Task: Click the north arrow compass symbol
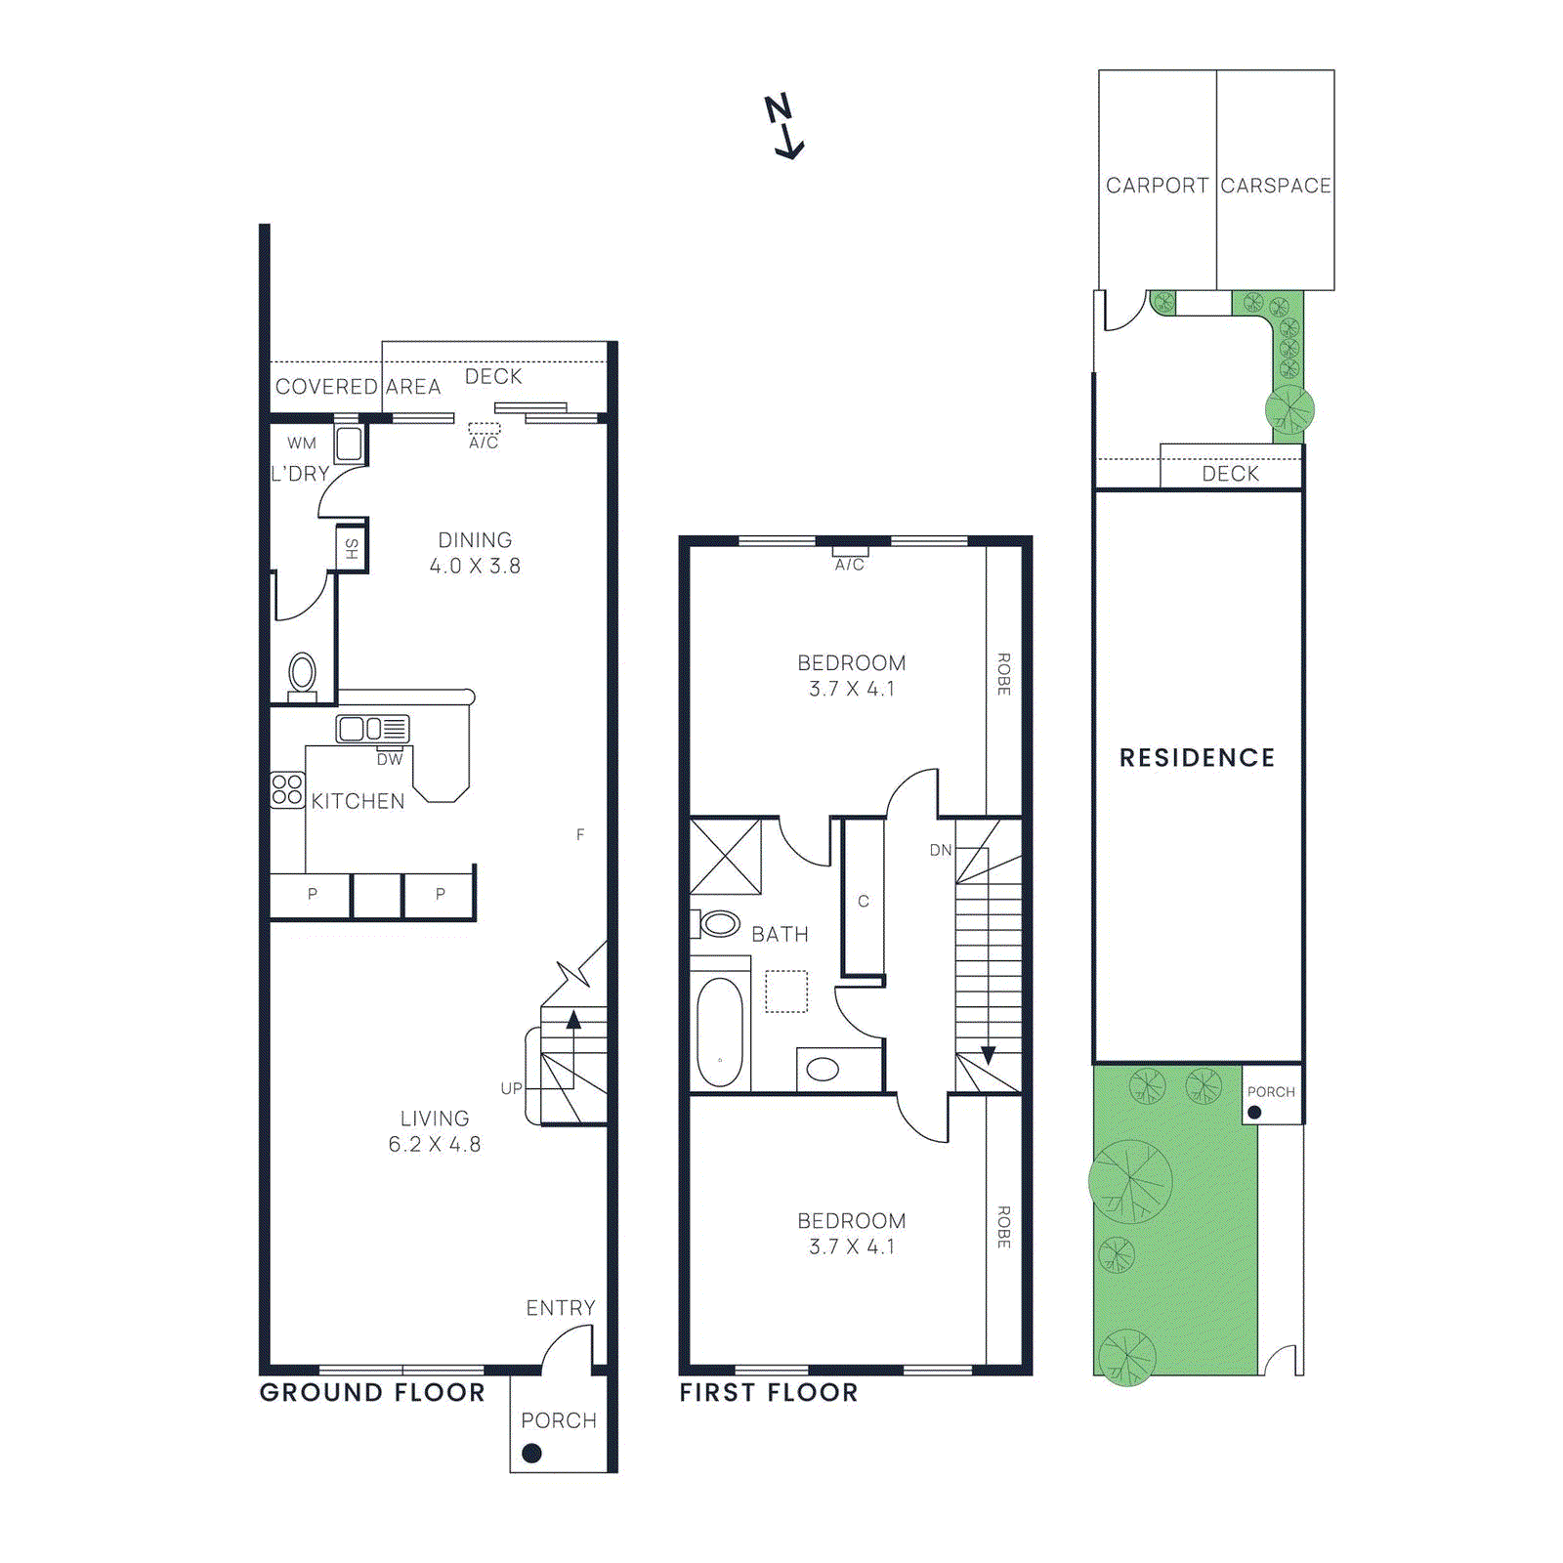[x=783, y=127]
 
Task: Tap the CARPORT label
[x=1157, y=186]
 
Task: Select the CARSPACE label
[x=1276, y=186]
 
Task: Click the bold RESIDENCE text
[x=1197, y=758]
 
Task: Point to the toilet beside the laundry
[x=303, y=674]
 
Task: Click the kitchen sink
[x=371, y=729]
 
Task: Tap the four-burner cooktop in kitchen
[x=287, y=789]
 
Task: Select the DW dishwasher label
[x=390, y=760]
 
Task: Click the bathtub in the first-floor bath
[x=720, y=1032]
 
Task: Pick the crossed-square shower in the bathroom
[x=726, y=857]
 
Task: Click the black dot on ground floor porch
[x=532, y=1454]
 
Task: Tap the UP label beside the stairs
[x=511, y=1088]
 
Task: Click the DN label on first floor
[x=940, y=851]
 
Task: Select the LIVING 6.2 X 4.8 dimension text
[x=435, y=1131]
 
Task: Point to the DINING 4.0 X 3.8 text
[x=475, y=553]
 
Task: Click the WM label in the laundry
[x=302, y=444]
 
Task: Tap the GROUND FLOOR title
[x=372, y=1393]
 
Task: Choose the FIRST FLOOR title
[x=769, y=1393]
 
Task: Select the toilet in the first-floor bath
[x=719, y=923]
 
